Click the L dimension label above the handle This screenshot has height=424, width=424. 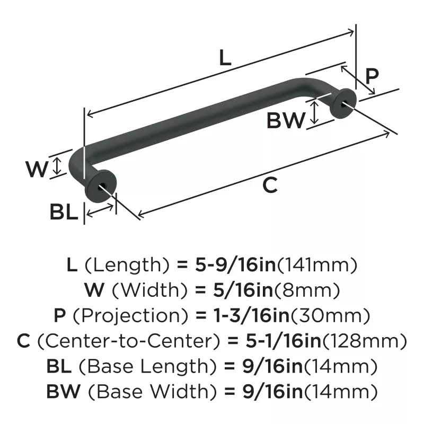(x=225, y=58)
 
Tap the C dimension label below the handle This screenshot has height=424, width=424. (x=270, y=185)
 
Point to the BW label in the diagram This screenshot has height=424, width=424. (x=286, y=121)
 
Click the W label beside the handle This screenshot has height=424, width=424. (x=37, y=170)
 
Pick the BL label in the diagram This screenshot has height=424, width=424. (x=64, y=213)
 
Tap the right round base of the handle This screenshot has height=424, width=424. (x=342, y=103)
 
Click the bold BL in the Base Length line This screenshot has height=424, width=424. (x=59, y=366)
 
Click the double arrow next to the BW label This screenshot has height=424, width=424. (x=314, y=113)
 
